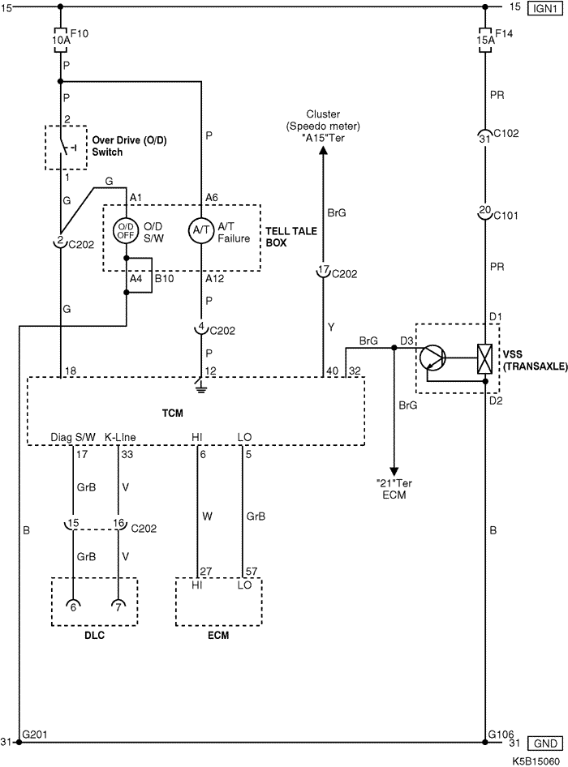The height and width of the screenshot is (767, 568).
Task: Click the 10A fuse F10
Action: coord(61,40)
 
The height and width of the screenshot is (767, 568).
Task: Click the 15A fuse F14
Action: coord(485,40)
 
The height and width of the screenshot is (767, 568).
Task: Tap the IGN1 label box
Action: coord(545,8)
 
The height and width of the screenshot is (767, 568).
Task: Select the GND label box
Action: coord(545,743)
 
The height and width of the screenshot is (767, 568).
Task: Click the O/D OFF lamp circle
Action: coord(126,230)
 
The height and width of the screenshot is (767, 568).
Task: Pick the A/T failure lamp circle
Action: coord(201,230)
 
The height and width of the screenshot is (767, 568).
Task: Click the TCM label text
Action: coord(172,413)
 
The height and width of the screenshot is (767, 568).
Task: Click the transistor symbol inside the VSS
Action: coord(432,357)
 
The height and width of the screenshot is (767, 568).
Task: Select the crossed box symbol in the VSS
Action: coord(484,359)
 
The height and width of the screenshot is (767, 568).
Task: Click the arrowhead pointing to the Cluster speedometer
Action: coord(323,149)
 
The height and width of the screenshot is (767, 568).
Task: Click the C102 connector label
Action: coord(506,133)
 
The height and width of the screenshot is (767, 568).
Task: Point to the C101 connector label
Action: coord(506,216)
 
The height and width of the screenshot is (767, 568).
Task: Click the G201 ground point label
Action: coord(35,735)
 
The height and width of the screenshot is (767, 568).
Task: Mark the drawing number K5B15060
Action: coord(536,761)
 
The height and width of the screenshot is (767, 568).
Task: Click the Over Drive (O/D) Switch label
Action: coord(129,146)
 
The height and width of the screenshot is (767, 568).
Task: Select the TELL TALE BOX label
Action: coord(291,236)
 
